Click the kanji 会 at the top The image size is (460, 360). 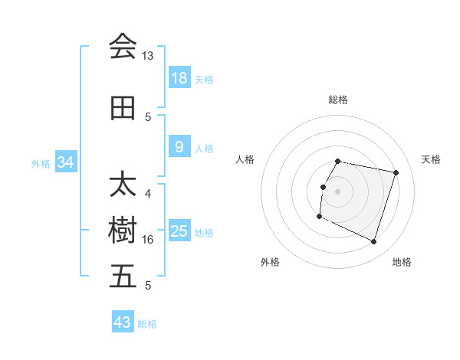click(123, 46)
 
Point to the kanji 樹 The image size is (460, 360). click(123, 230)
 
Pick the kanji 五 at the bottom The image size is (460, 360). click(123, 277)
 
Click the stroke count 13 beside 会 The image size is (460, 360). click(148, 56)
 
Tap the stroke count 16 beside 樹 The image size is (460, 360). click(148, 240)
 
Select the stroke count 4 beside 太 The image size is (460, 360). click(148, 194)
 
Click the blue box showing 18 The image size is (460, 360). click(179, 78)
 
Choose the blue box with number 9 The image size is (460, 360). click(179, 147)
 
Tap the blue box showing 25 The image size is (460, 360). click(179, 231)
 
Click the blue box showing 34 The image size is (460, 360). click(66, 162)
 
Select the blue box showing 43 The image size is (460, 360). click(123, 322)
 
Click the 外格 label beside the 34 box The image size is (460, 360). click(41, 163)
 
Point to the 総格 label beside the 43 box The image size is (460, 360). click(147, 323)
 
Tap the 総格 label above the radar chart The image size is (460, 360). click(337, 100)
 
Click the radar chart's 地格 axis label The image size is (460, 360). click(402, 262)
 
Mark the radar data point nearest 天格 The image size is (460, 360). click(396, 173)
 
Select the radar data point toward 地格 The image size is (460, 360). click(373, 242)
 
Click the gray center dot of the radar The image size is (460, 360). click(337, 191)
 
